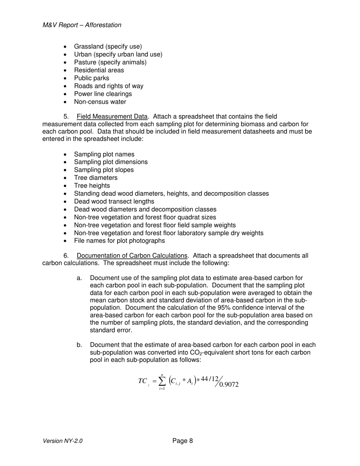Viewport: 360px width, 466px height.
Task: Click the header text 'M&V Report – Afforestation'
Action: pos(82,25)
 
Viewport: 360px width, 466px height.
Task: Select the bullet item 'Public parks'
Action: pos(91,78)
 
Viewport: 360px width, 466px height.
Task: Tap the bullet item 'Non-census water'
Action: pos(100,102)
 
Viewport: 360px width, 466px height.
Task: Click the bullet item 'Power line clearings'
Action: pos(103,94)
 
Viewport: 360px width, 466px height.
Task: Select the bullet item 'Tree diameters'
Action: pos(95,178)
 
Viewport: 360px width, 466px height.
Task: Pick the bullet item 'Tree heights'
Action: pos(92,186)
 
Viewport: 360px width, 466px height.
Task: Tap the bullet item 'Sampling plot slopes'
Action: pos(103,170)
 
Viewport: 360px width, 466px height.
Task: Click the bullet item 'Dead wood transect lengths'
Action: pos(114,202)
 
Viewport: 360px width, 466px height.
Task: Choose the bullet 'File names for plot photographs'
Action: pos(119,241)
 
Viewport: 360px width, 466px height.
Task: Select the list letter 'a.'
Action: pos(79,278)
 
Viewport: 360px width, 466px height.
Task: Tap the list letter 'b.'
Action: pos(79,345)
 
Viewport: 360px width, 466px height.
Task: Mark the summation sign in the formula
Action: pos(162,381)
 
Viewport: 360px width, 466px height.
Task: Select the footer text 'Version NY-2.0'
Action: pos(63,441)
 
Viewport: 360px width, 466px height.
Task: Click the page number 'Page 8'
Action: pos(183,441)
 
